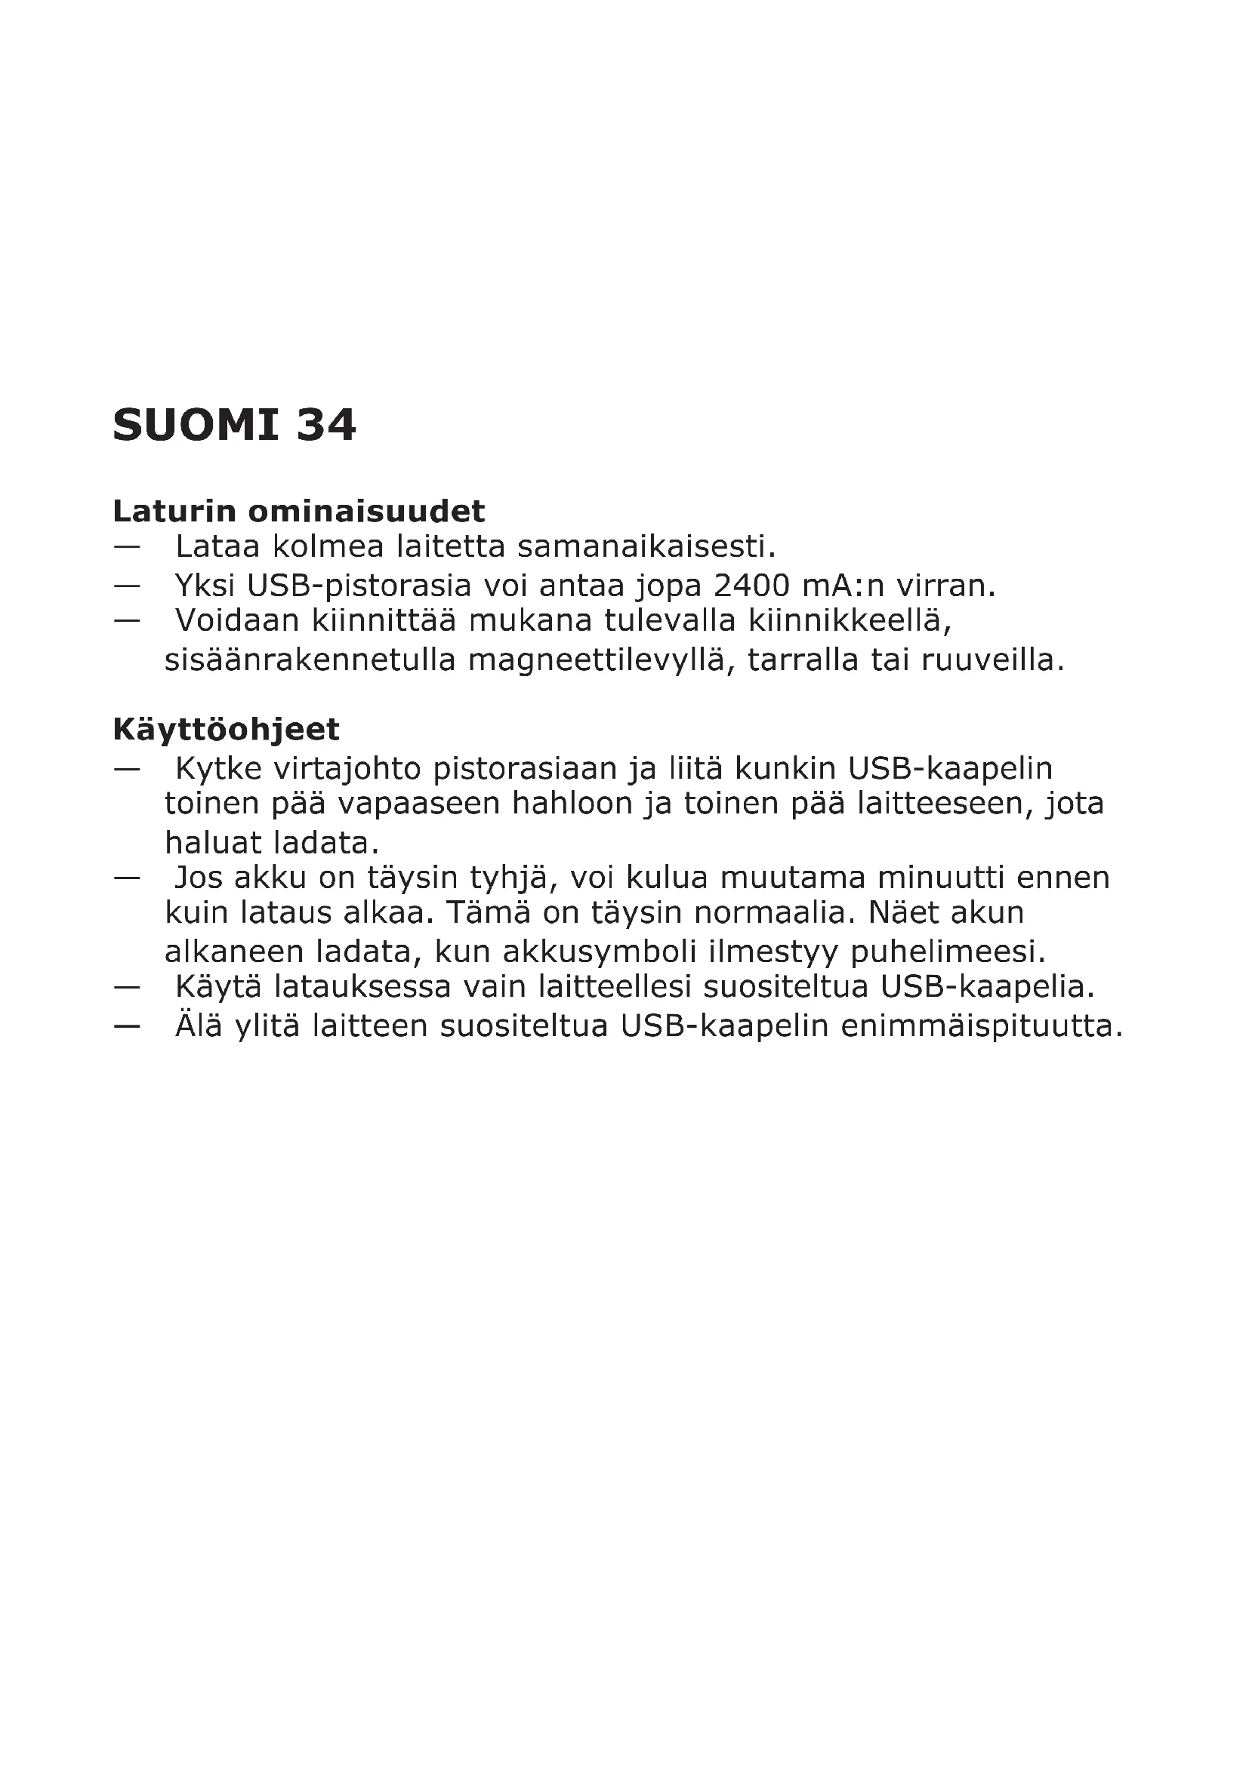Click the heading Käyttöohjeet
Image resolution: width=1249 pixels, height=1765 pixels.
pyautogui.click(x=226, y=729)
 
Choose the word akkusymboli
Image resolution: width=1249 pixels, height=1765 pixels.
pyautogui.click(x=600, y=952)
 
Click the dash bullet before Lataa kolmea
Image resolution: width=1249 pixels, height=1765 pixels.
pyautogui.click(x=127, y=547)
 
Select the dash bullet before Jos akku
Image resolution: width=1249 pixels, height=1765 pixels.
pyautogui.click(x=127, y=877)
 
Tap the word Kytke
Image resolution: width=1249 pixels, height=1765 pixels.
pyautogui.click(x=218, y=768)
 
